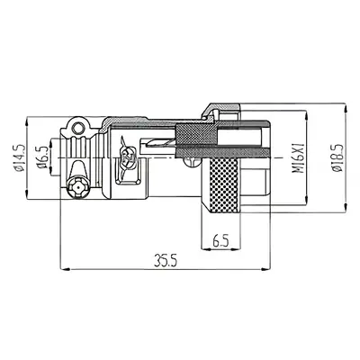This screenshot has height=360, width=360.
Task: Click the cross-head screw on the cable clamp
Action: point(76,191)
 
